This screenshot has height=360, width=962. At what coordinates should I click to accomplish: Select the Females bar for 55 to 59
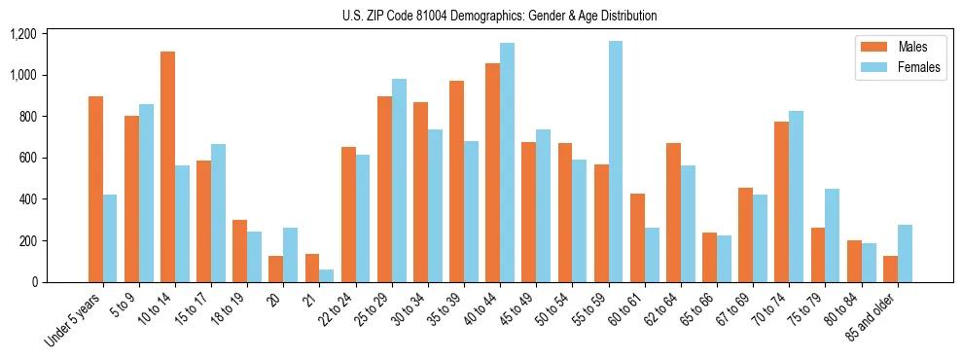(x=616, y=162)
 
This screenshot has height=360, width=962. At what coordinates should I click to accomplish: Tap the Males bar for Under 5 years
(x=95, y=189)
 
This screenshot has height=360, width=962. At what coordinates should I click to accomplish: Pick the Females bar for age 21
(x=327, y=275)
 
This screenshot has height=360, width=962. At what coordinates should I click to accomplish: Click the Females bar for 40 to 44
(x=507, y=162)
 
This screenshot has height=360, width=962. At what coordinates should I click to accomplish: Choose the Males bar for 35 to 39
(x=456, y=181)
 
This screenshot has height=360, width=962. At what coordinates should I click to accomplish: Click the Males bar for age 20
(x=275, y=269)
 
